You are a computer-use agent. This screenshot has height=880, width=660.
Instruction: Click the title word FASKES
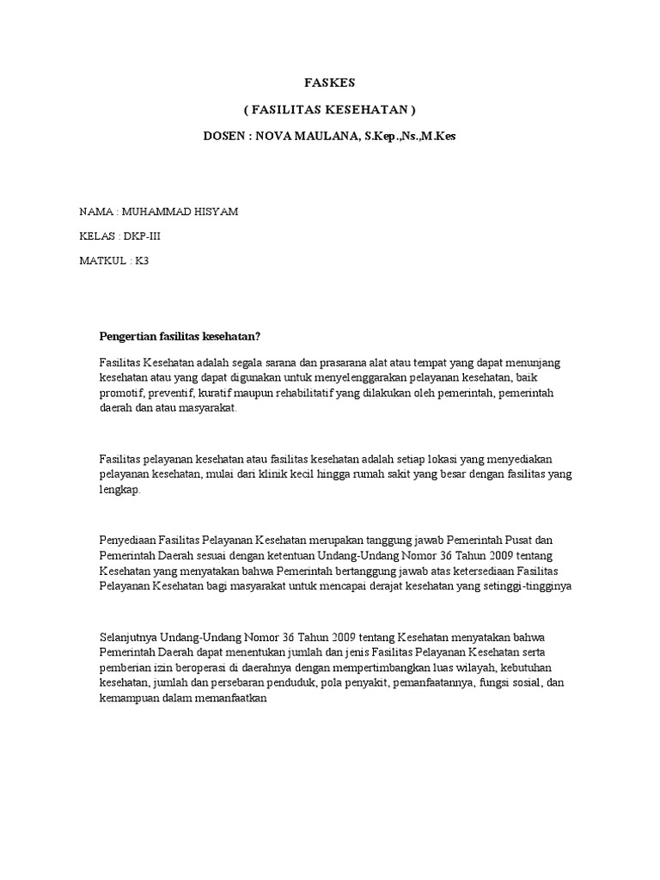[330, 83]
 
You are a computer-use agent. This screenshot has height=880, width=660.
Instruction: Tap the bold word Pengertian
[129, 335]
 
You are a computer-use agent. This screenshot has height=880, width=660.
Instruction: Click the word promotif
[122, 394]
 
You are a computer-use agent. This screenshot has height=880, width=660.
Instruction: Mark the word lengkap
[123, 490]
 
